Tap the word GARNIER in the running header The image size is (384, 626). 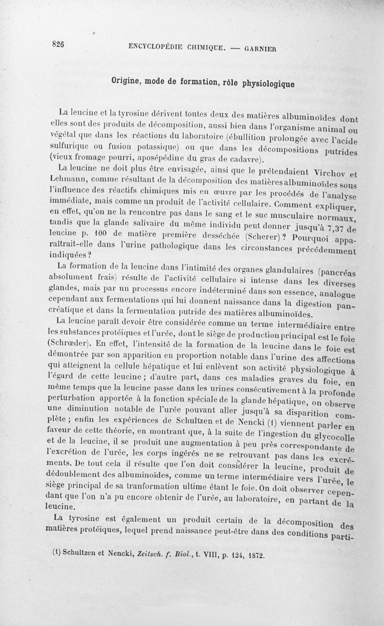261,48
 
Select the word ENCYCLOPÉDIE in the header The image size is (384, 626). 157,47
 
